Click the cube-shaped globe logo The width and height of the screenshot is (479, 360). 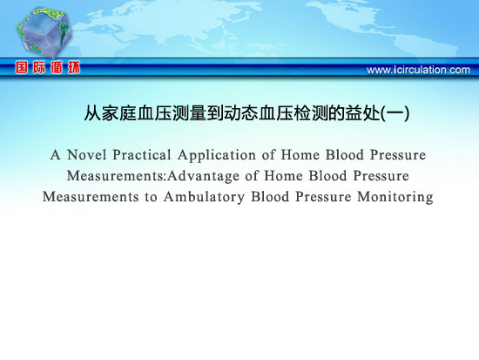pyautogui.click(x=44, y=32)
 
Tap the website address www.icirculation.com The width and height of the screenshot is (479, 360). pyautogui.click(x=418, y=70)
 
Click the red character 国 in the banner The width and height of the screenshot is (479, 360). pyautogui.click(x=22, y=68)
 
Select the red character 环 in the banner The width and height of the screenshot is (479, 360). pyautogui.click(x=74, y=68)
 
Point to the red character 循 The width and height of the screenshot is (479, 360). pyautogui.click(x=57, y=68)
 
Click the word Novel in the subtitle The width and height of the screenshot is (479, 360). pyautogui.click(x=87, y=155)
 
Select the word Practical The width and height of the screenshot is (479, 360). pyautogui.click(x=142, y=155)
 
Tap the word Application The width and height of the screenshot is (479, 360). pyautogui.click(x=217, y=156)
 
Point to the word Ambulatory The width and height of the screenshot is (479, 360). pyautogui.click(x=204, y=197)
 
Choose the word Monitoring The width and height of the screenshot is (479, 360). pyautogui.click(x=395, y=197)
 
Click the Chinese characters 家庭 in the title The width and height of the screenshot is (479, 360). pyautogui.click(x=119, y=113)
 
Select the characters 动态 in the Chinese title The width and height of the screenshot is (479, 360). pyautogui.click(x=241, y=113)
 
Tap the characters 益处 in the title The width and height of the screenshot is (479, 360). pyautogui.click(x=363, y=113)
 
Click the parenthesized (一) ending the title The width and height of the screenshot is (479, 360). pyautogui.click(x=395, y=113)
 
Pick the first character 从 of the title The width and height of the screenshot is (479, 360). pyautogui.click(x=93, y=113)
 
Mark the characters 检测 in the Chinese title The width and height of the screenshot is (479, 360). pyautogui.click(x=311, y=113)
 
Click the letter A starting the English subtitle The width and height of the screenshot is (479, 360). pyautogui.click(x=55, y=155)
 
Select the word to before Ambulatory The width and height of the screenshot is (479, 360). pyautogui.click(x=151, y=198)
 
